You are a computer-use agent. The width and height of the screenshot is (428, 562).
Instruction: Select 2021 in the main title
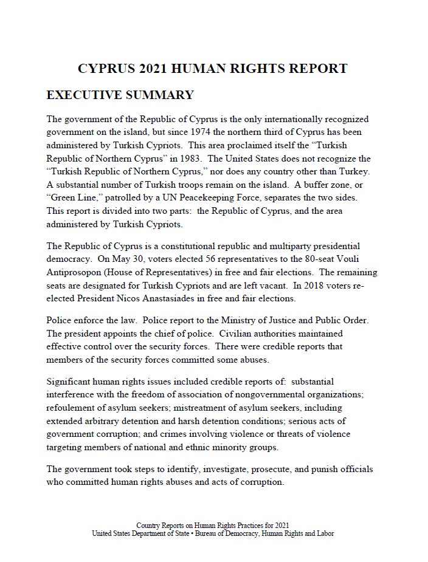point(161,69)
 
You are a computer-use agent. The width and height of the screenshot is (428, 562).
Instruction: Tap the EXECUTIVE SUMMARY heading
point(120,95)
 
